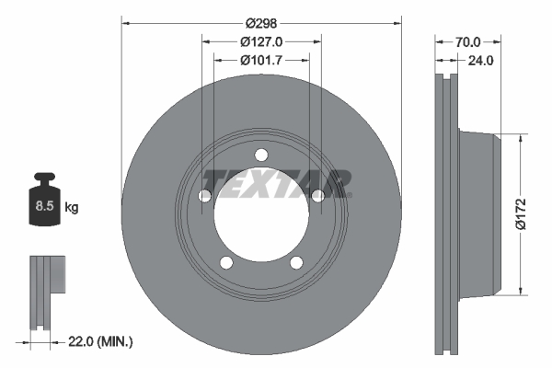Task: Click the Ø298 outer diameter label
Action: (x=261, y=23)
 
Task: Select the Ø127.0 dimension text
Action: (x=261, y=41)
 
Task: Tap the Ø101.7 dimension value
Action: (x=261, y=61)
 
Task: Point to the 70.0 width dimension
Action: (x=468, y=41)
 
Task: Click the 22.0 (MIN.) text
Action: (x=101, y=341)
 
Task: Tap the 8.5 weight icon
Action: (x=43, y=204)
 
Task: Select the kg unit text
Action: (x=72, y=208)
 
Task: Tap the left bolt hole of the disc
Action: (x=205, y=195)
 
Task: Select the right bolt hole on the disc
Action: (x=317, y=195)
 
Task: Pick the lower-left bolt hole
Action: (x=226, y=262)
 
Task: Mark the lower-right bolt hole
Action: (x=296, y=262)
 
